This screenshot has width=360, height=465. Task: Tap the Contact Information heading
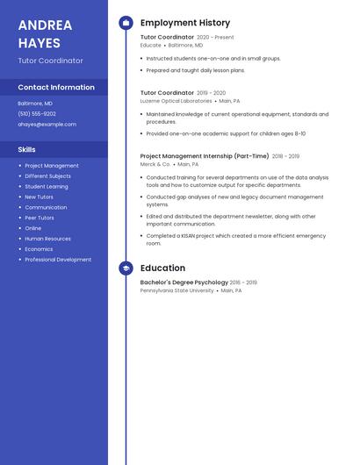56,87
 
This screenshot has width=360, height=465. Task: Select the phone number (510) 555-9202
37,113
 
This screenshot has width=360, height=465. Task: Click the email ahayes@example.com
47,124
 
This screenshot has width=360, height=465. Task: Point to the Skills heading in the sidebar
26,150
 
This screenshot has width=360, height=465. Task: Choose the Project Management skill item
52,166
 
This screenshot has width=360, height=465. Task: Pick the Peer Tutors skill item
40,218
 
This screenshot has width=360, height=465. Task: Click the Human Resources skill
48,239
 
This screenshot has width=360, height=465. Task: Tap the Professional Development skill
58,260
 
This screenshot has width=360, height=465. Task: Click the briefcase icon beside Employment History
126,23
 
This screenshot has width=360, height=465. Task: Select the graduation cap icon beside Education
126,268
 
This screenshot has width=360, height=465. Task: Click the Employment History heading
185,23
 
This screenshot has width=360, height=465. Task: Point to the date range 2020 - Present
215,38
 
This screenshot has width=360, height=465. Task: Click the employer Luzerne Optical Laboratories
176,101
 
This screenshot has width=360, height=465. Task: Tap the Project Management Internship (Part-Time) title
205,156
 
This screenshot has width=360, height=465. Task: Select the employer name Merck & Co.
155,164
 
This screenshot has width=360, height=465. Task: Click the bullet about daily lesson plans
196,70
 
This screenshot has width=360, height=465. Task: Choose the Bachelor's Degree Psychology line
184,283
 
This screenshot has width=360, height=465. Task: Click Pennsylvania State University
176,290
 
